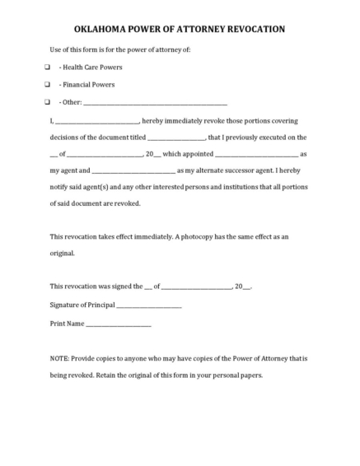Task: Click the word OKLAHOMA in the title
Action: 103,29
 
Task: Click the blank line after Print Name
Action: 119,324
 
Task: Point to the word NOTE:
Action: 61,359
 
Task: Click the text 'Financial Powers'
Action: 90,85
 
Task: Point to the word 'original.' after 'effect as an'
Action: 63,254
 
